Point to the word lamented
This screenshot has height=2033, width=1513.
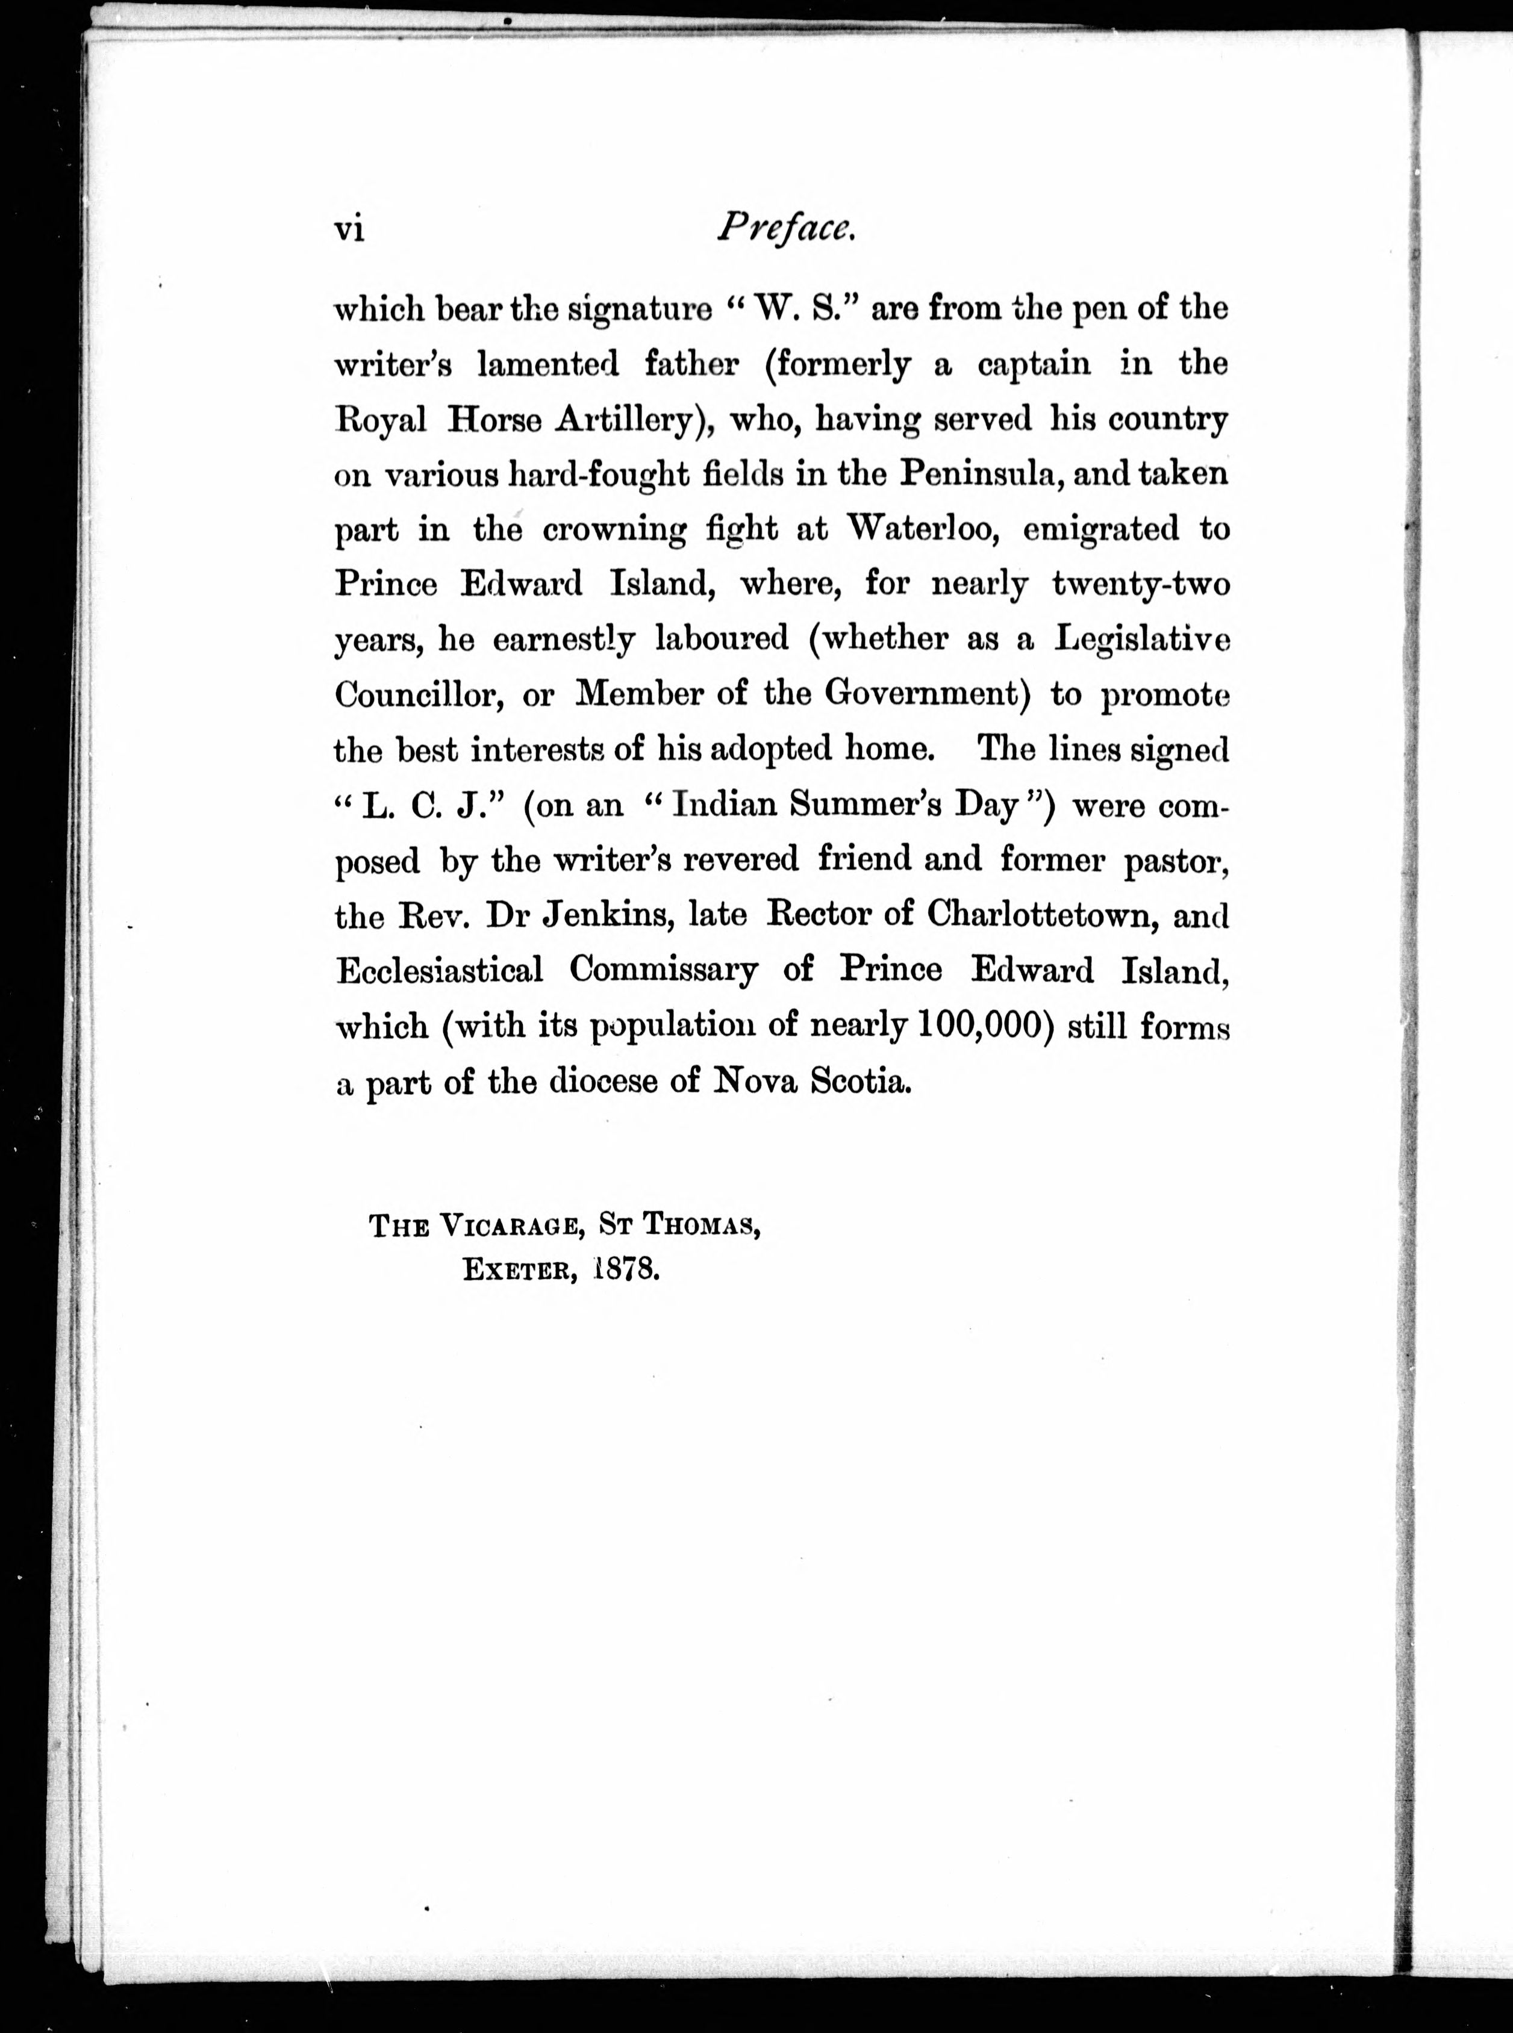[547, 364]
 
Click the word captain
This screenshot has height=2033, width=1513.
[1034, 364]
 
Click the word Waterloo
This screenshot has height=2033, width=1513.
[922, 529]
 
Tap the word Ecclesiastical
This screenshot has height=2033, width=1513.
[440, 970]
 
